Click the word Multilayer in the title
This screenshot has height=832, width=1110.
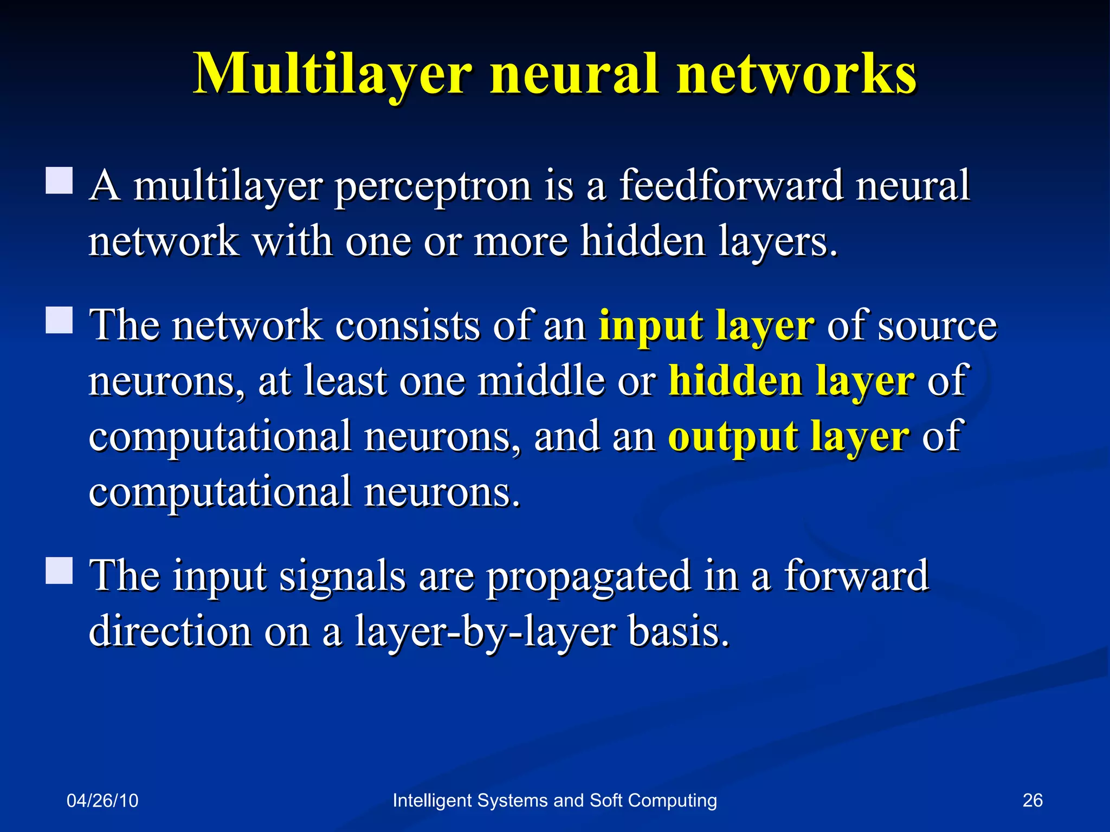pos(332,74)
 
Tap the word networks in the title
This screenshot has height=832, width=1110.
pos(796,74)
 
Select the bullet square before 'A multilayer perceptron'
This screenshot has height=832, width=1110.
pos(59,180)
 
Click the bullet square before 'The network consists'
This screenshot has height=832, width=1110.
pos(59,320)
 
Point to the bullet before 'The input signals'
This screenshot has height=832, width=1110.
pos(59,570)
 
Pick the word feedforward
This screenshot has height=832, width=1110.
pos(731,185)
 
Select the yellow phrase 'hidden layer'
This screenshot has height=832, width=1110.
pos(792,381)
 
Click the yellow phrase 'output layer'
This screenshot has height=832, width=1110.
pos(789,437)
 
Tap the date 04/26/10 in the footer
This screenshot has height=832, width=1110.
pos(102,801)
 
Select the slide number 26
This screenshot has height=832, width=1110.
pos(1032,800)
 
